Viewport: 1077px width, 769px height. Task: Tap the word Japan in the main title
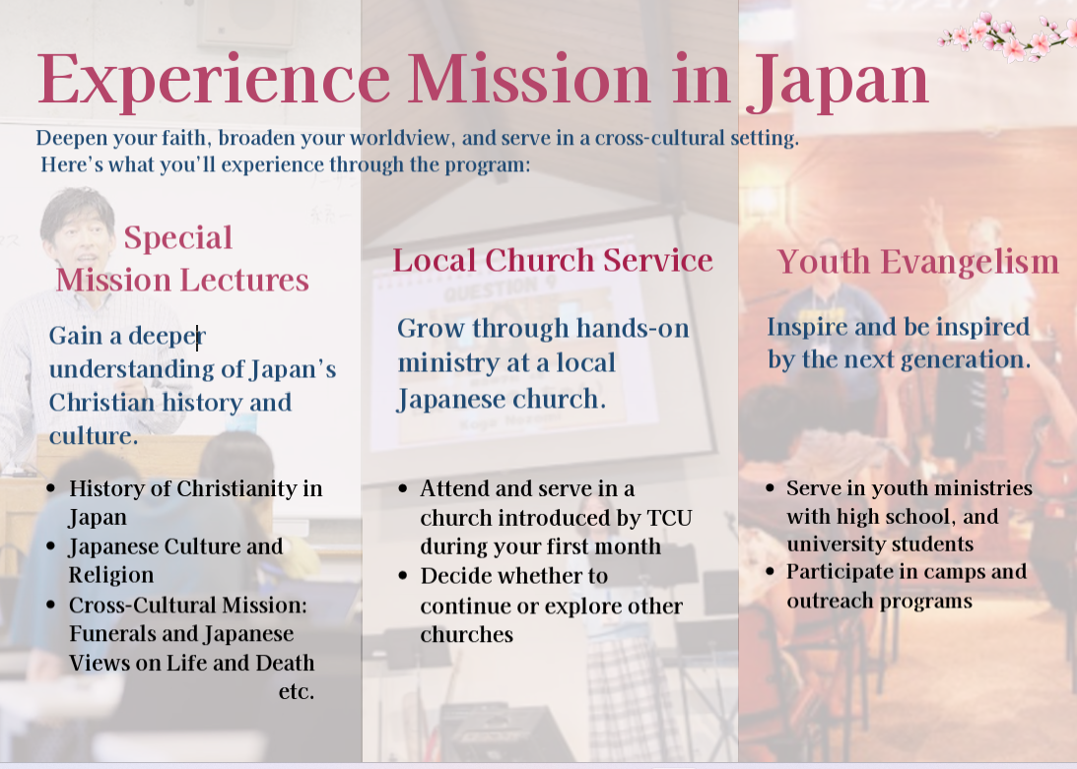tap(838, 81)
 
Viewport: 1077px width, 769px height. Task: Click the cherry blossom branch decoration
tap(1007, 35)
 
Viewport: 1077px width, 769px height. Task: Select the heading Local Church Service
tap(553, 260)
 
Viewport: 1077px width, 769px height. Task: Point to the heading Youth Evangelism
tap(918, 262)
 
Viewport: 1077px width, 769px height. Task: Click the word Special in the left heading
tap(178, 238)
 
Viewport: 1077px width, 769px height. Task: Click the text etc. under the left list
tap(296, 691)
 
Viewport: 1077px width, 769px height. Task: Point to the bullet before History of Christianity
tap(51, 488)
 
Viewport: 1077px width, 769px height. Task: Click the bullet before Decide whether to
tap(403, 575)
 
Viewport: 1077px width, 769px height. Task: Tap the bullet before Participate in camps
tap(770, 571)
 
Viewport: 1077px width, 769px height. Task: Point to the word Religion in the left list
tap(110, 575)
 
